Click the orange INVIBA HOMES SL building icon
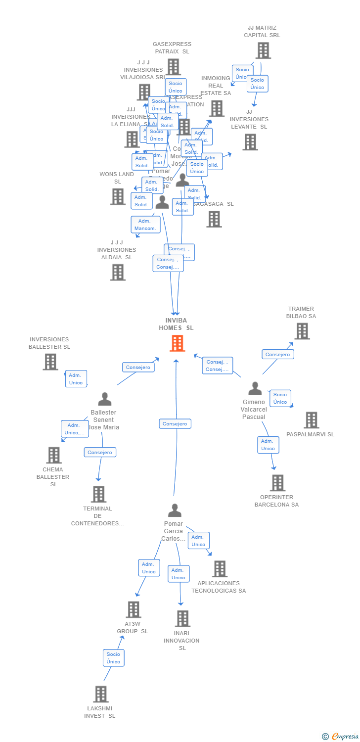click(x=177, y=343)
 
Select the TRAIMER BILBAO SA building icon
click(x=302, y=331)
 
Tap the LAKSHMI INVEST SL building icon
click(x=100, y=694)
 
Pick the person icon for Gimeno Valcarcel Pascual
click(x=255, y=388)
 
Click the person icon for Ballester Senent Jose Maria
click(x=104, y=399)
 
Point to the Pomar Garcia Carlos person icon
click(x=174, y=510)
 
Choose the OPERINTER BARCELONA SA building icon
click(x=277, y=483)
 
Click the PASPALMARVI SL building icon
click(x=311, y=420)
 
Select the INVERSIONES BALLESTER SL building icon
click(x=50, y=362)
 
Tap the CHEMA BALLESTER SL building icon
click(x=53, y=455)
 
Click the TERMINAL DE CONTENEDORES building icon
click(x=98, y=494)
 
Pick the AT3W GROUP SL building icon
click(x=134, y=609)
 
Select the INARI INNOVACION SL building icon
click(x=182, y=618)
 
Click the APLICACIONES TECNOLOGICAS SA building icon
click(x=220, y=569)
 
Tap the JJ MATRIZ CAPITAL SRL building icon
click(x=263, y=50)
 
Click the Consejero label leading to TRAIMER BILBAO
click(x=277, y=354)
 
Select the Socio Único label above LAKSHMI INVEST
click(x=113, y=658)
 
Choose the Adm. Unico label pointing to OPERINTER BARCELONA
click(x=268, y=445)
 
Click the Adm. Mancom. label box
click(x=145, y=225)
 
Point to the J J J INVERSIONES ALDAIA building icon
click(x=117, y=272)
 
